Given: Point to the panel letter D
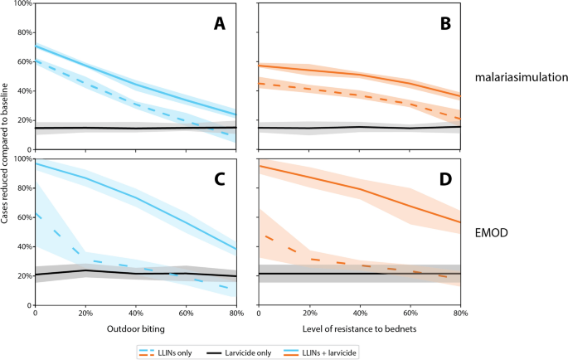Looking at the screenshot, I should pos(446,177).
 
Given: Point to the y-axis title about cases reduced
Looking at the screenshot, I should pos(7,153).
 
